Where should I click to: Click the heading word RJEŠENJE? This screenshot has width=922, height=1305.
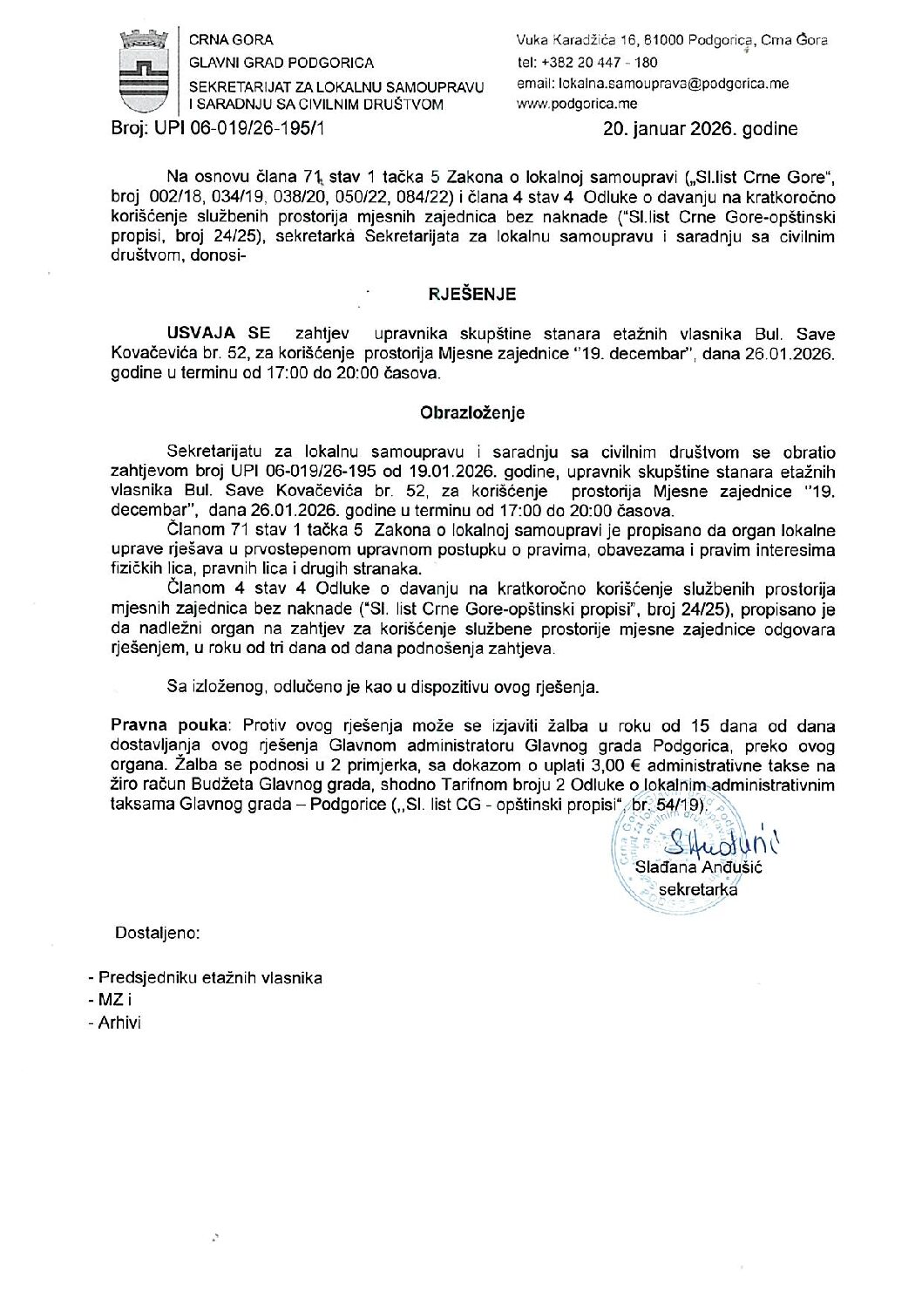(x=471, y=294)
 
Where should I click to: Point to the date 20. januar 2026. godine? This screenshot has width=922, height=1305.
(x=700, y=130)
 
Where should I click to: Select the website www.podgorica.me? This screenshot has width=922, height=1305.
(x=576, y=104)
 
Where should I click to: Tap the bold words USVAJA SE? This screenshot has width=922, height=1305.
(x=219, y=334)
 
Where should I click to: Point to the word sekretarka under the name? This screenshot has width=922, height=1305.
(x=699, y=889)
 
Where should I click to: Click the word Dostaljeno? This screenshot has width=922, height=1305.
(x=157, y=934)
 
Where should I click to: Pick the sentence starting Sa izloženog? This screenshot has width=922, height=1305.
(x=383, y=687)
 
